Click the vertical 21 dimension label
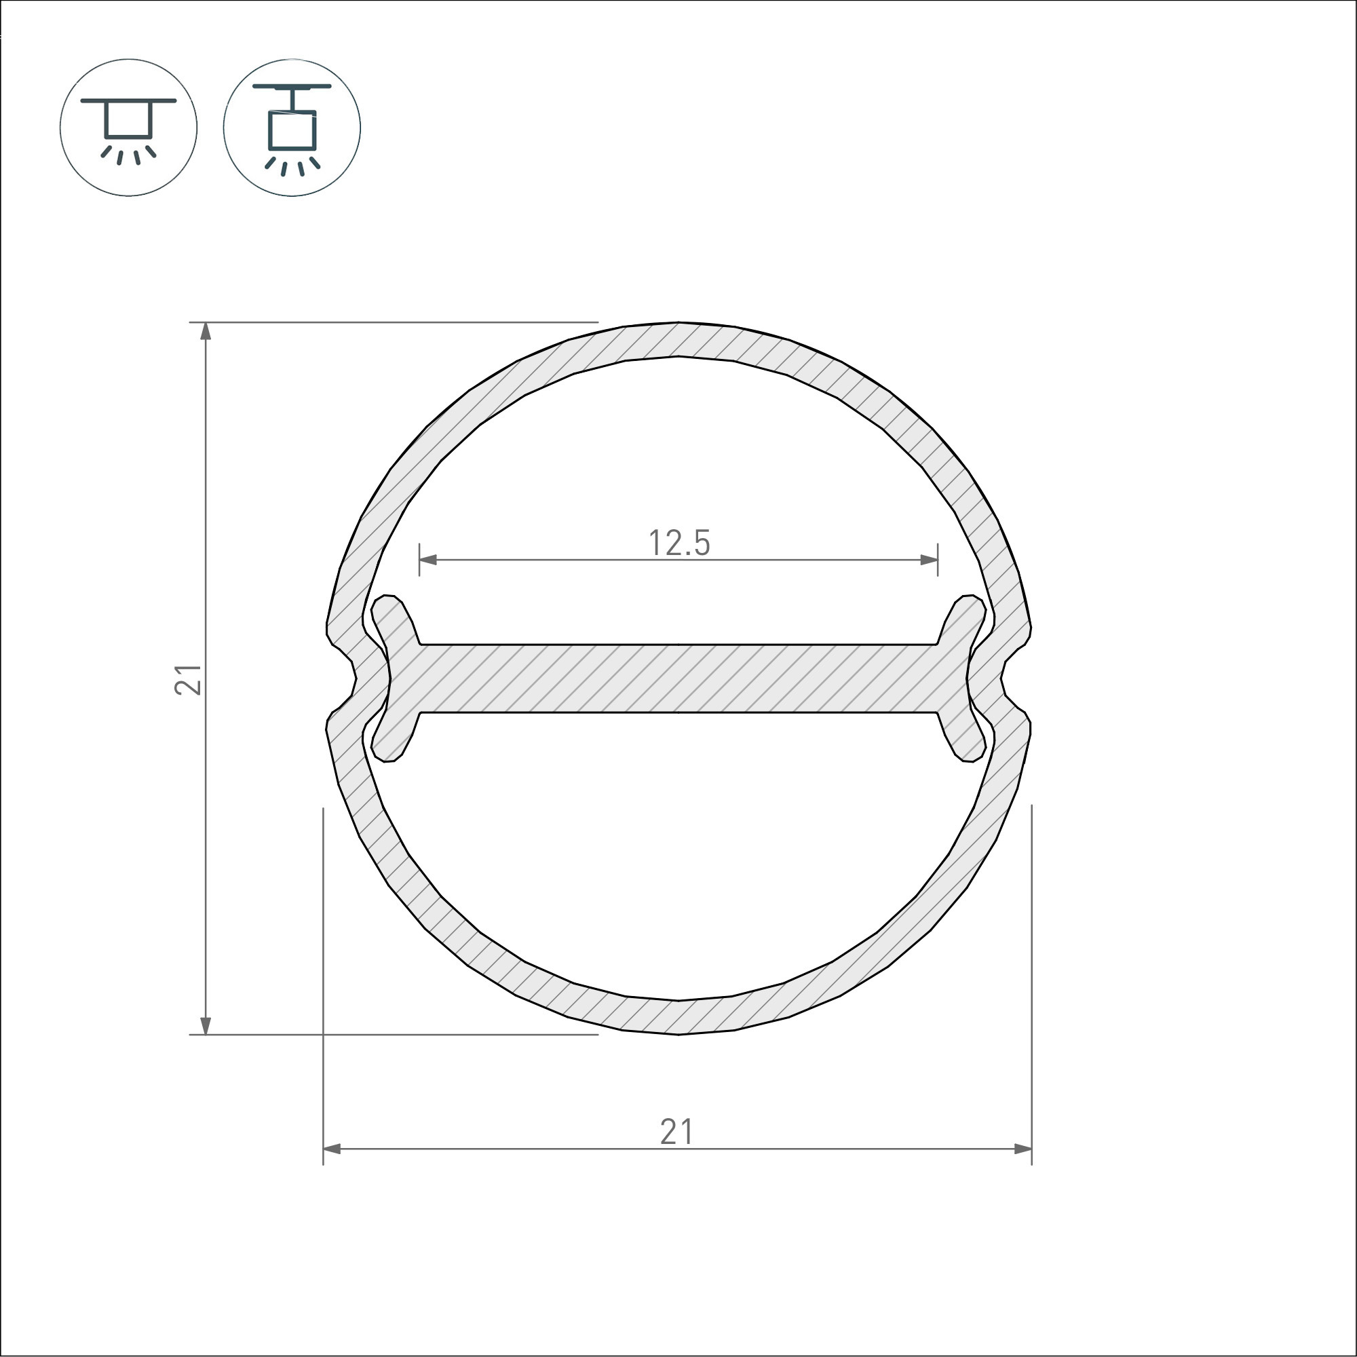[187, 679]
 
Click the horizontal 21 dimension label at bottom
[676, 1132]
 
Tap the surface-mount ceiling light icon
[128, 128]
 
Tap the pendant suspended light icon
[292, 128]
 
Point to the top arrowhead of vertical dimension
[206, 332]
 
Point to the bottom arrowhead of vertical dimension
[206, 1025]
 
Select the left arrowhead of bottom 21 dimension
[332, 1149]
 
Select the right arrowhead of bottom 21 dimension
[1022, 1149]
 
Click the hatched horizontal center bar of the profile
[678, 678]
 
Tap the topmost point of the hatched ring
[678, 339]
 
